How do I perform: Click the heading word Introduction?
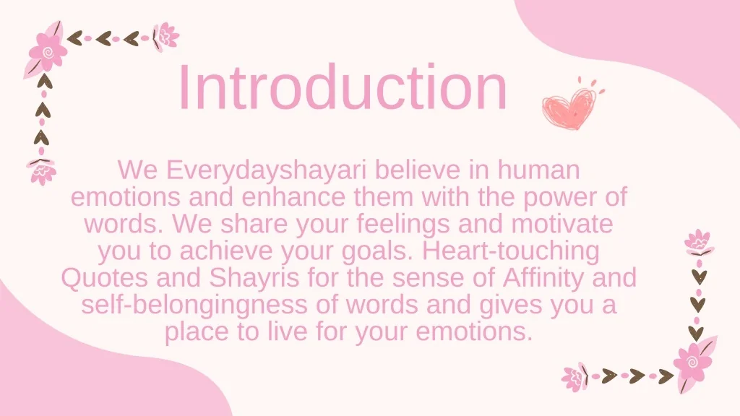(x=343, y=88)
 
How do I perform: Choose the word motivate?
(x=562, y=224)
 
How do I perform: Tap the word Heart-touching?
(x=512, y=251)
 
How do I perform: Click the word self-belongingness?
(x=195, y=305)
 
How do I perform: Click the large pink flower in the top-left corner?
(x=47, y=51)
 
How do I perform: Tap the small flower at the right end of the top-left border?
(x=166, y=35)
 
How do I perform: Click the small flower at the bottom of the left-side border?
(x=43, y=171)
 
